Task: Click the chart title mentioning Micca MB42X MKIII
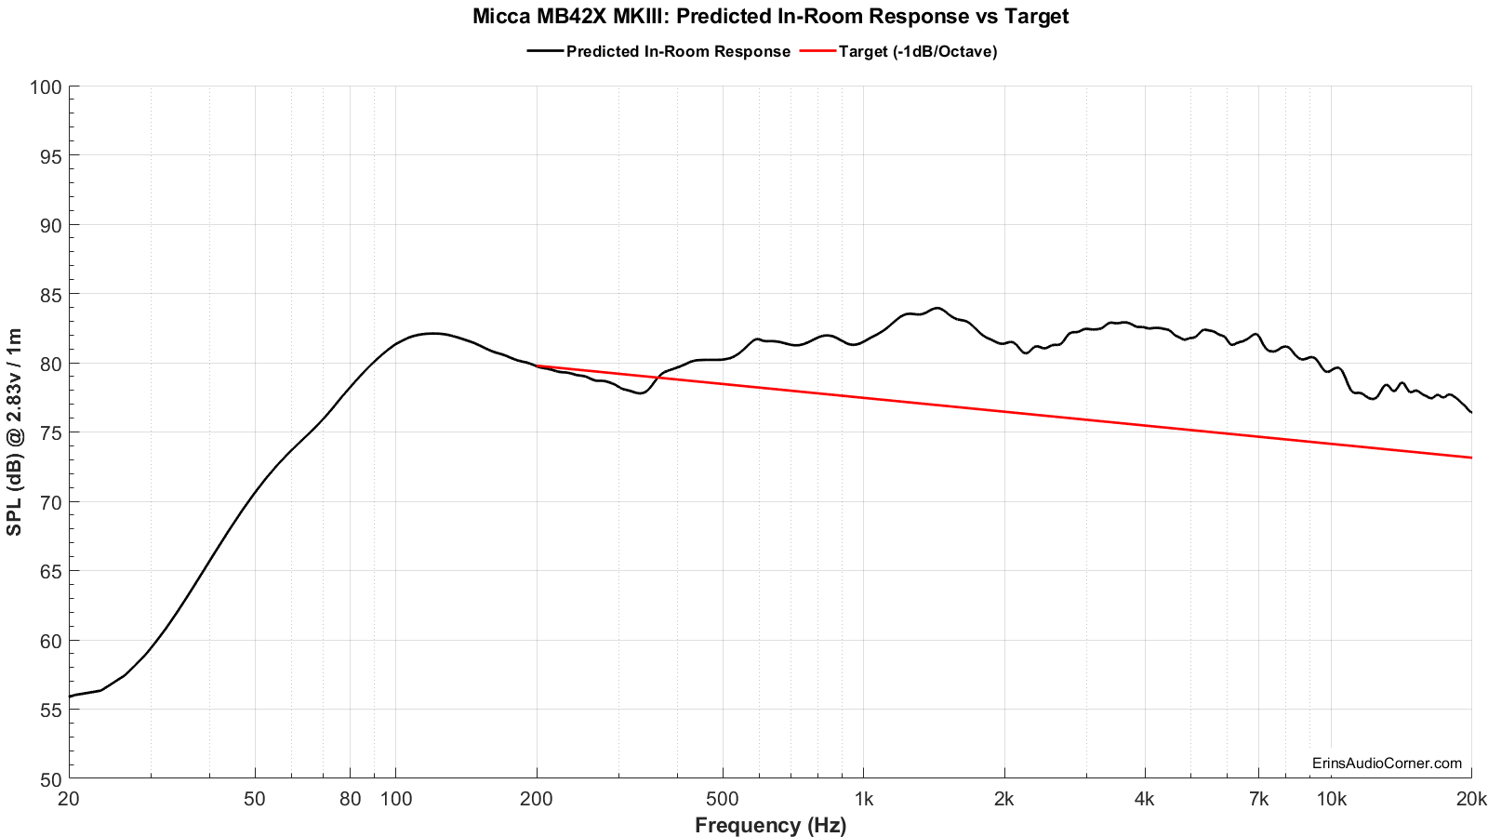[770, 17]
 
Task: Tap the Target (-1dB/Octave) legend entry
[917, 52]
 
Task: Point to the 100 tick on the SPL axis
[46, 87]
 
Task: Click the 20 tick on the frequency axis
[69, 799]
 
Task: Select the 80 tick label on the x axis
[351, 799]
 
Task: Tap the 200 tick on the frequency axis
[537, 799]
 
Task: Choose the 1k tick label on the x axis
[863, 799]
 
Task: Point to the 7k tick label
[1258, 799]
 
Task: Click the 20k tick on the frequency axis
[1470, 799]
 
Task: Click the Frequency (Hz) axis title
[770, 825]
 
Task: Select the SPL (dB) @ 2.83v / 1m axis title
[15, 432]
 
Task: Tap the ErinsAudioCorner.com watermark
[1387, 764]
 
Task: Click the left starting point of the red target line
[537, 365]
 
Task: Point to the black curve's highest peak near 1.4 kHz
[936, 308]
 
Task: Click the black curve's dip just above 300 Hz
[640, 393]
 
